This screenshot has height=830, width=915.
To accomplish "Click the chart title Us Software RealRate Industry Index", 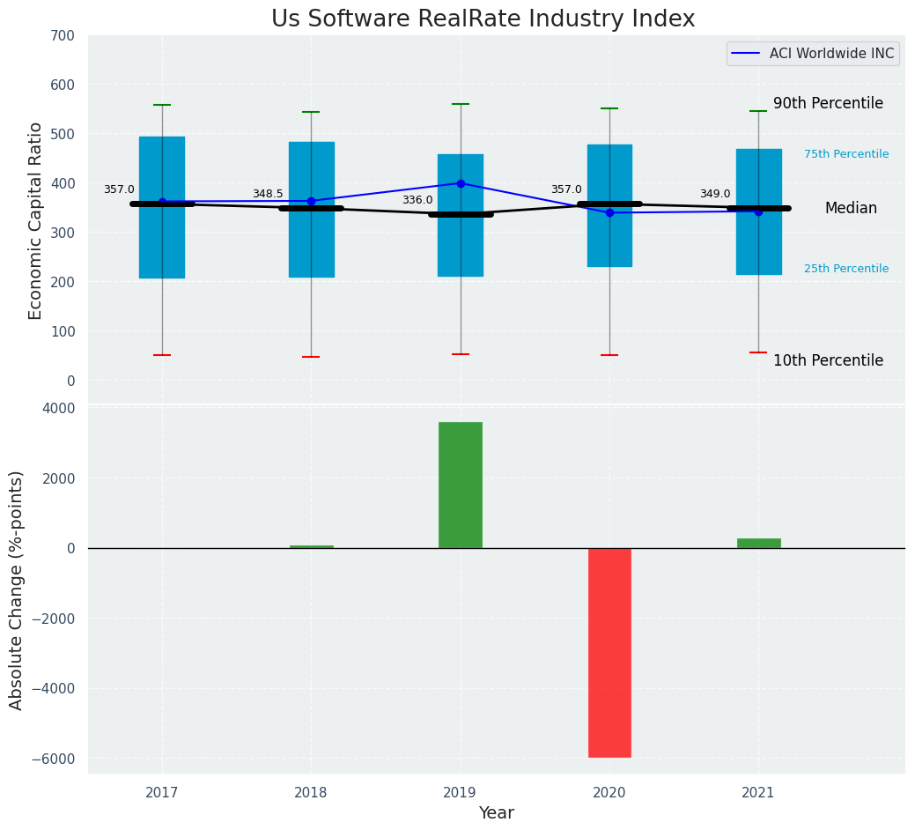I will point(483,19).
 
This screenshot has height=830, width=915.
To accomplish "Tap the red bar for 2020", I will point(609,652).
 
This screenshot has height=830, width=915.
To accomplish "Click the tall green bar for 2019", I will point(461,485).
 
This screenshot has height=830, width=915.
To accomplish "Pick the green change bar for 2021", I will point(758,543).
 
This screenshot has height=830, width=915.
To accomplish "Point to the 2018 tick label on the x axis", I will point(311,793).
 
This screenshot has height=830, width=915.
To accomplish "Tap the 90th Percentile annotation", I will point(828,104).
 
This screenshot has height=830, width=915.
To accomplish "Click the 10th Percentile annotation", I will point(828,360).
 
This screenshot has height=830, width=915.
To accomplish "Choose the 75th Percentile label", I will point(846,154).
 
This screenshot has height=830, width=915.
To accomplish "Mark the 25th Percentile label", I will point(846,269).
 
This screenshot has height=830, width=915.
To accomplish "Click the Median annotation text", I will point(851,209).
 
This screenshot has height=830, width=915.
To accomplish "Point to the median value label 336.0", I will point(417,201).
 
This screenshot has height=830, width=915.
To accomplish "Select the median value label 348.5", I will point(268,194).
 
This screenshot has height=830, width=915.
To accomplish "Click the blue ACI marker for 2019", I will point(461,183).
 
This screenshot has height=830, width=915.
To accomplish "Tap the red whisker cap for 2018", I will point(311,357).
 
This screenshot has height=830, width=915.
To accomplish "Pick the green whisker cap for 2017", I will point(162,105).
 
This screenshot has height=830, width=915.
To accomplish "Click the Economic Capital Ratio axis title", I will point(36,220).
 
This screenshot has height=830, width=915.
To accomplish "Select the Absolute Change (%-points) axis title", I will point(17,589).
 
